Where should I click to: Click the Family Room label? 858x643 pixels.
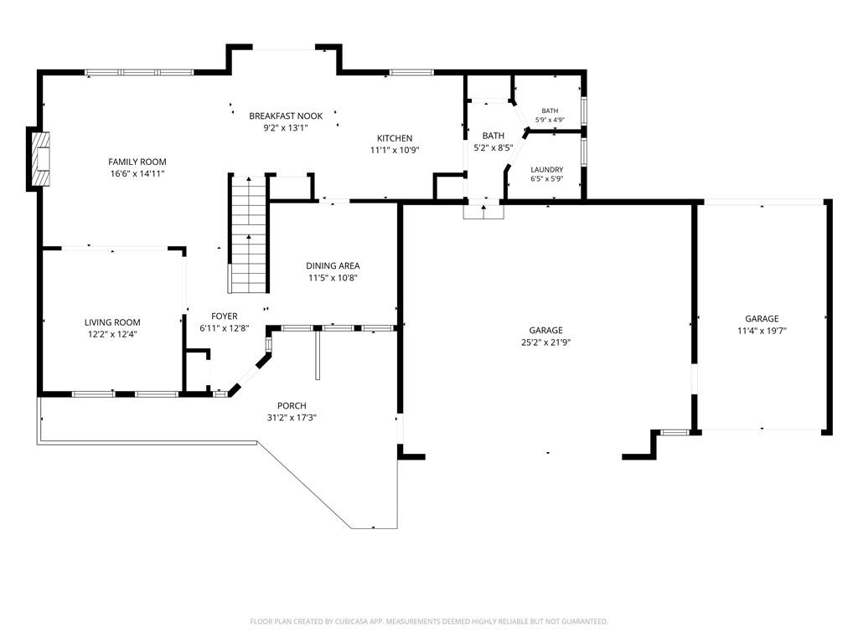(137, 162)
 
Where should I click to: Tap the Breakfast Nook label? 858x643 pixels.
(286, 116)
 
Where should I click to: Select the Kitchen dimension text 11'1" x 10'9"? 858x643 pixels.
(395, 150)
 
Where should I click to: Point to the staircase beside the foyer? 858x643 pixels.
(249, 234)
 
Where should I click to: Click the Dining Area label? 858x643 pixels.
(333, 265)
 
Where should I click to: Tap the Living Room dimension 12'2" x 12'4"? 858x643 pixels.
(112, 334)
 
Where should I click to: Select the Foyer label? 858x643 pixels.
(225, 316)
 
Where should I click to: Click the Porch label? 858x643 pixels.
(292, 406)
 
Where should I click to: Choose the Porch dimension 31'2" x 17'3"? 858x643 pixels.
(292, 418)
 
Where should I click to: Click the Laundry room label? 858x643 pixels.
(546, 169)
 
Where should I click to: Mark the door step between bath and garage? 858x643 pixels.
(483, 212)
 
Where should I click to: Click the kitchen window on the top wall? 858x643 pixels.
(411, 72)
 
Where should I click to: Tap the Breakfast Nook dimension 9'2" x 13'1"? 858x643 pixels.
(286, 128)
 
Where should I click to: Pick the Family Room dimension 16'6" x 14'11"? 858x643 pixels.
(137, 174)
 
